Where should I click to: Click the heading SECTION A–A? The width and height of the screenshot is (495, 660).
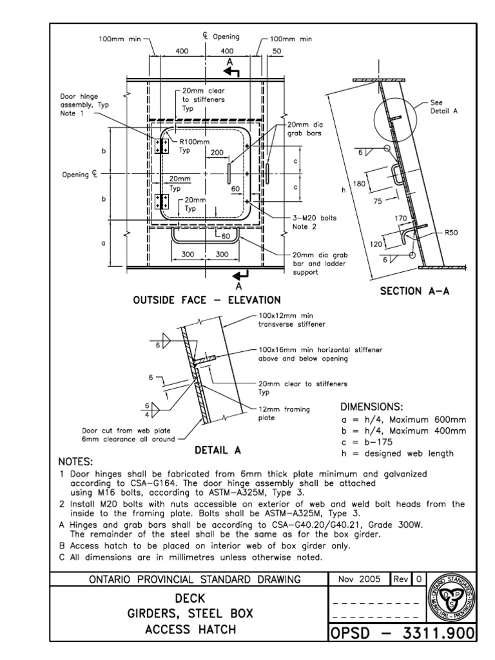coord(414,291)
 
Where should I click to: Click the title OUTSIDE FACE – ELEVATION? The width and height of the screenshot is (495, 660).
coord(206,300)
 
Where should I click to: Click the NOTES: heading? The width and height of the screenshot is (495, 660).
coord(75,461)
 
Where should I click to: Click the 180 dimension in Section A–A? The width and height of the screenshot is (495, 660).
coord(359,184)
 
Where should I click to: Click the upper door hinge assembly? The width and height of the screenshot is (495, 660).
coord(161,146)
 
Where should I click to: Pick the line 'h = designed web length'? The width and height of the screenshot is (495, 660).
coord(396,453)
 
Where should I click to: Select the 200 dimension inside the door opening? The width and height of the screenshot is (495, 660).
coord(217,153)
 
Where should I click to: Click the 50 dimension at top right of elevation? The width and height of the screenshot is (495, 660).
coord(277,50)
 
